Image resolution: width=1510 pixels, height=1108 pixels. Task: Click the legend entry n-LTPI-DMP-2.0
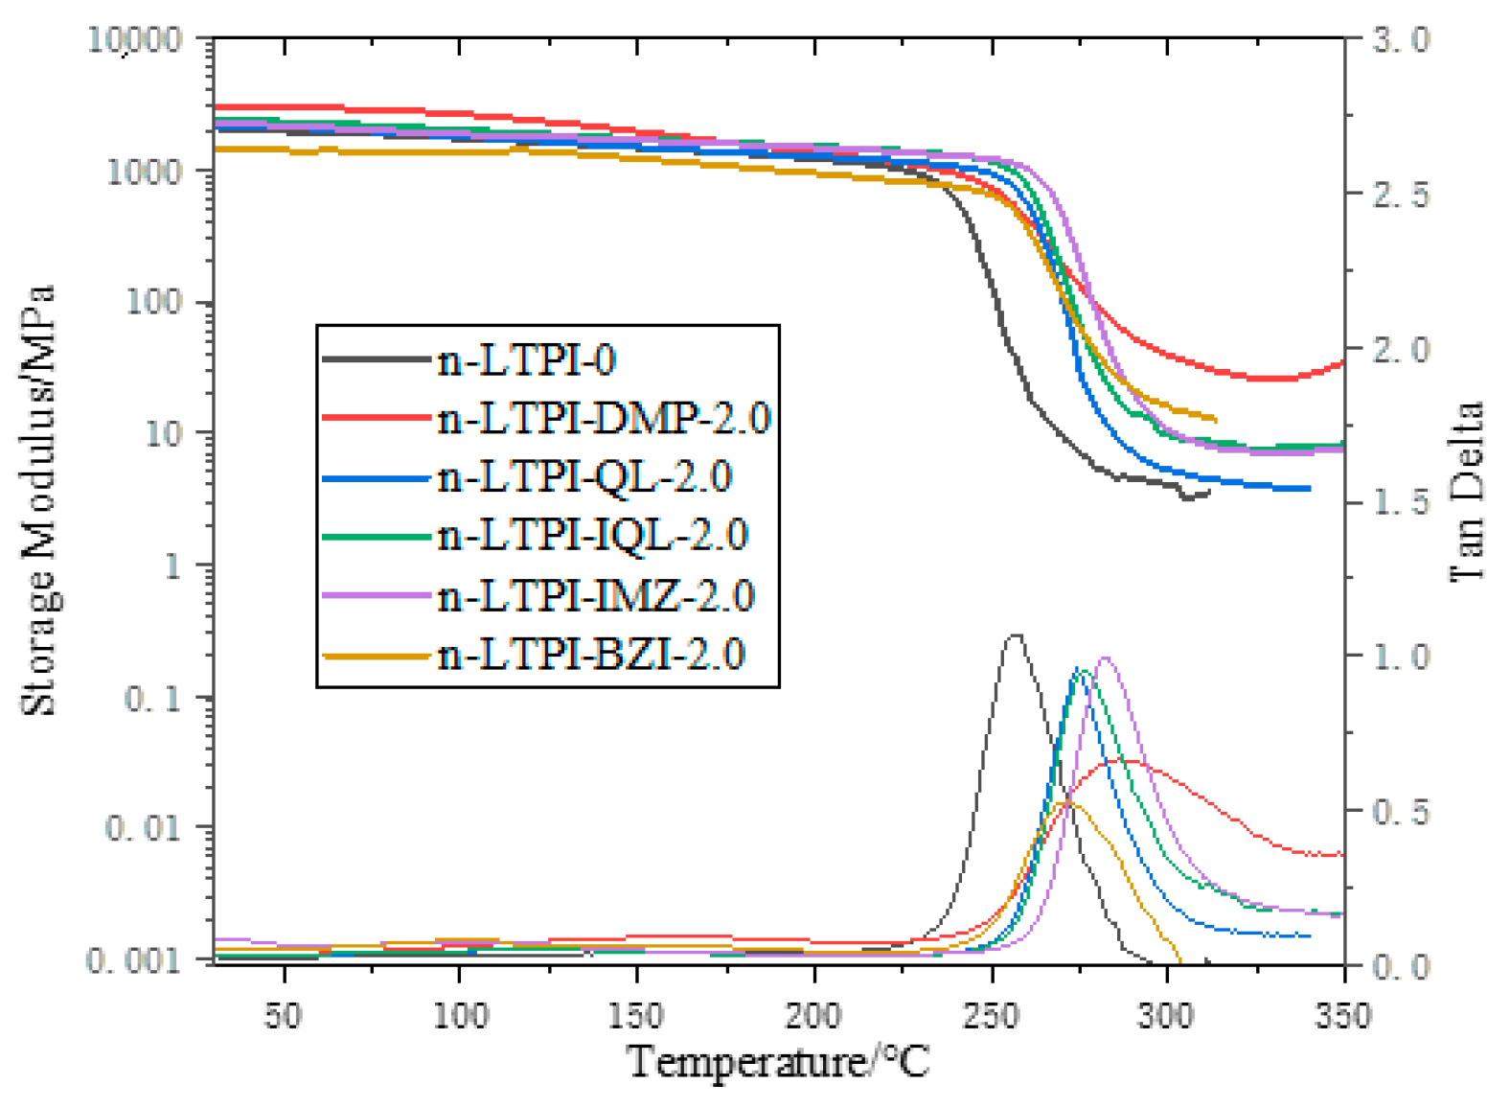[604, 418]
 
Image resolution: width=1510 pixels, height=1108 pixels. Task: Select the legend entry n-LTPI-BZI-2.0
[590, 655]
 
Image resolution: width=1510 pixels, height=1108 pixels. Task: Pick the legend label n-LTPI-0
[526, 360]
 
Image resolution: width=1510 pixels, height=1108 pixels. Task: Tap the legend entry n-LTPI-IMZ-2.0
[596, 595]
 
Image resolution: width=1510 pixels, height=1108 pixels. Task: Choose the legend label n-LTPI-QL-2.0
[584, 476]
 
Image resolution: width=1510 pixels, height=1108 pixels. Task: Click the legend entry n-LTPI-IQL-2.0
[592, 536]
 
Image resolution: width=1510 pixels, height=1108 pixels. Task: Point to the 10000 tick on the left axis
[135, 40]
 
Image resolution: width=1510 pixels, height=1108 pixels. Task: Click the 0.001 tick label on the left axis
[133, 959]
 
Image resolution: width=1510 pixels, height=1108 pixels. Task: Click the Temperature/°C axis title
[778, 1062]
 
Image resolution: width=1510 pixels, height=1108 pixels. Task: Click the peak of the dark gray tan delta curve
[1015, 635]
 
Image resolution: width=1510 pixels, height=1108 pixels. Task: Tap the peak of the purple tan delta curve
[1107, 658]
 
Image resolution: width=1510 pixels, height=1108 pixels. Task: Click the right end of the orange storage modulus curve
[1215, 419]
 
